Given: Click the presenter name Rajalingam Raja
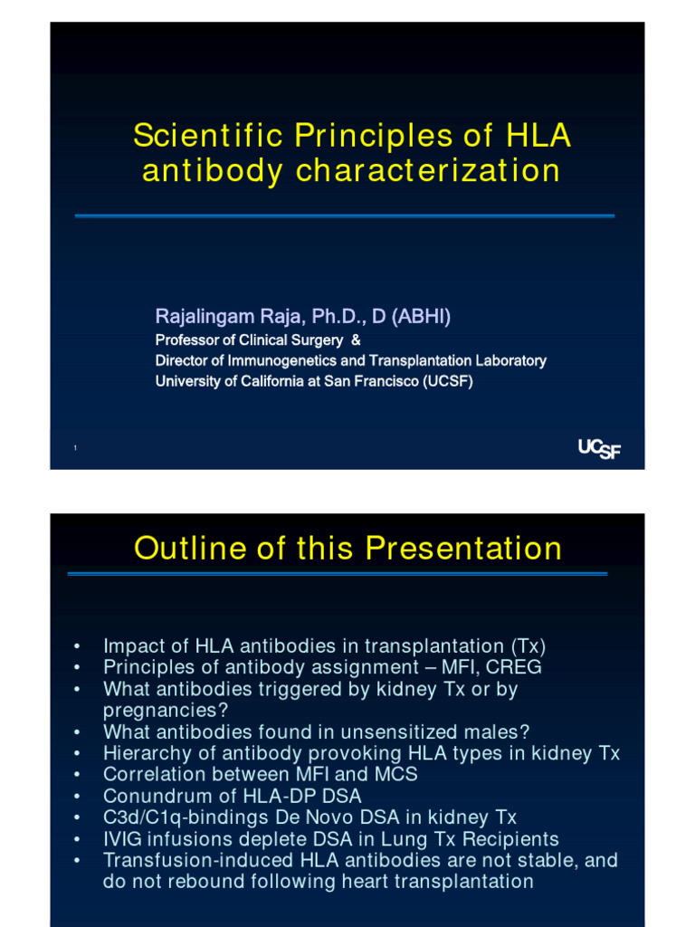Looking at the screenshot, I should tap(230, 317).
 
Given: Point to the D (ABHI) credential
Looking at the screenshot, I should tap(412, 317).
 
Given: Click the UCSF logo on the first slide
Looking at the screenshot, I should tap(599, 449).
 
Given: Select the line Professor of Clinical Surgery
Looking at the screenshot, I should tap(249, 340).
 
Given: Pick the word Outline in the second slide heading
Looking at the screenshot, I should tap(186, 549).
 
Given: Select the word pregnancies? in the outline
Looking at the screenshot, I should tap(166, 710).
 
